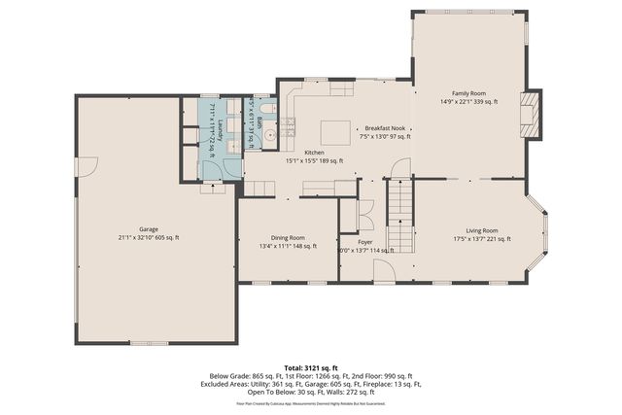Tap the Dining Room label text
288,238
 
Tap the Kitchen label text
314,153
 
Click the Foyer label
364,241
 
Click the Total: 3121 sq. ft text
310,368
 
